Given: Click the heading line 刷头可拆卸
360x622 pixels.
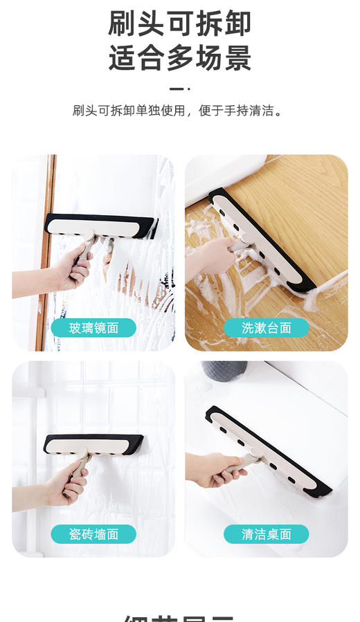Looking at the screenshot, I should coord(179,24).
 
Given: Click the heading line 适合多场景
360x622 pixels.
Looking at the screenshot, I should coord(179,58).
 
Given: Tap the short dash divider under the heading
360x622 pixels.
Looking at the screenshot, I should coord(179,89).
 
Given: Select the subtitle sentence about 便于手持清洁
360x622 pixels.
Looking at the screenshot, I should coord(179,111).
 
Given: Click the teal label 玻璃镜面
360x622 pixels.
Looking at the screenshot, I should coord(93,327).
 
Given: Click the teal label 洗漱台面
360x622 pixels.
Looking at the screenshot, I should coord(266,327).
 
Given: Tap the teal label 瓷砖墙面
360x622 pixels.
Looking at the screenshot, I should coord(93,533).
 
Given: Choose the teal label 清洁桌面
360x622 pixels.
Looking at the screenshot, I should coord(266,533).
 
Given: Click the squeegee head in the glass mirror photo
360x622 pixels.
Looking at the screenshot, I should coord(100,226).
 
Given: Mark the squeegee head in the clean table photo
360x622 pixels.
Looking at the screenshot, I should coord(267,450).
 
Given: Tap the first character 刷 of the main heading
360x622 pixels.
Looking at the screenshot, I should coord(122,24).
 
